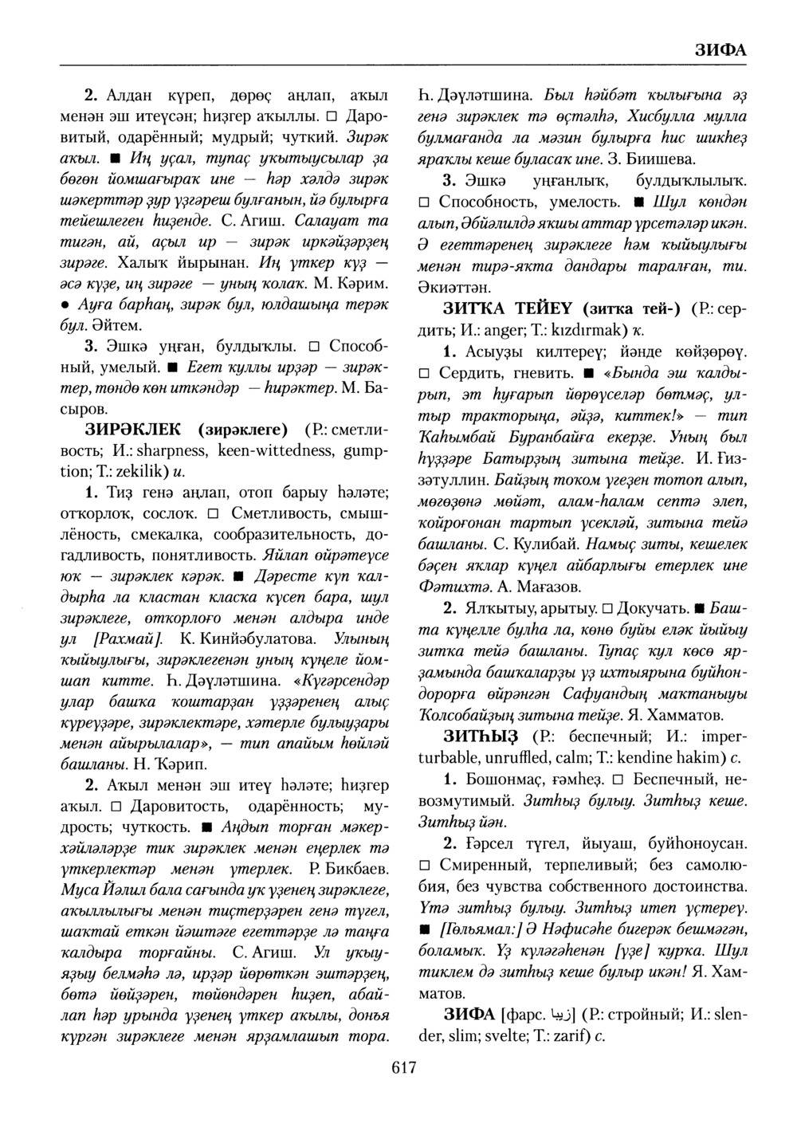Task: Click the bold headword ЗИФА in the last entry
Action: (x=468, y=1015)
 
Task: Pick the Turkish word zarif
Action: (x=563, y=1036)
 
